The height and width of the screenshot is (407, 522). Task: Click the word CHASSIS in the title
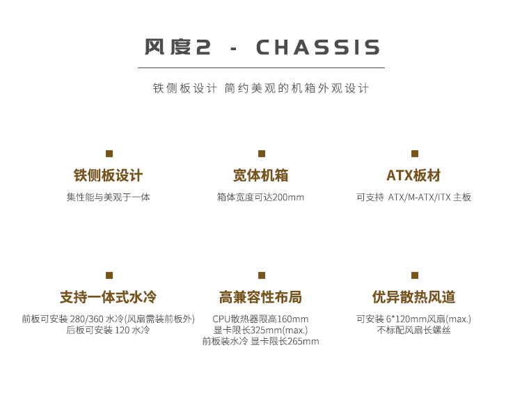point(318,47)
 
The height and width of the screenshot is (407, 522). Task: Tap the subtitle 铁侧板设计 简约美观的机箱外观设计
point(261,88)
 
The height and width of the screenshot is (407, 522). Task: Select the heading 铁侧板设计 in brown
point(108,175)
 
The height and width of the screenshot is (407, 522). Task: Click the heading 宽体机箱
point(260,175)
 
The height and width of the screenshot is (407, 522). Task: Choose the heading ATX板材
point(413,175)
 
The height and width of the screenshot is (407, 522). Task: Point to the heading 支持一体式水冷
point(108,297)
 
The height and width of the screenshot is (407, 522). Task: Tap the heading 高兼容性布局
point(260,297)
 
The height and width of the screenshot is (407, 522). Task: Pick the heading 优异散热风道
point(413,297)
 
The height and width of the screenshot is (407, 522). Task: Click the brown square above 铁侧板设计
point(109,154)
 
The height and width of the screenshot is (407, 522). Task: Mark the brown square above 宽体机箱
point(262,154)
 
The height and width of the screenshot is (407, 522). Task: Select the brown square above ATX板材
point(415,154)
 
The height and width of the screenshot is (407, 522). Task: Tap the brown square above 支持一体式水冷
point(109,276)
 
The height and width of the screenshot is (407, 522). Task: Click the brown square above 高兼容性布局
point(262,276)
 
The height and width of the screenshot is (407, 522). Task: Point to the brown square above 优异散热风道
point(415,276)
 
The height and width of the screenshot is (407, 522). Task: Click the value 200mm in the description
point(288,198)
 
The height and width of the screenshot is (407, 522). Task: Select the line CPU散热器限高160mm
point(260,319)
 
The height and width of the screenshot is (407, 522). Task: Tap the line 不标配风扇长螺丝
point(413,330)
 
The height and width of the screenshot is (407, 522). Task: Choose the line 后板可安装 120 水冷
point(108,330)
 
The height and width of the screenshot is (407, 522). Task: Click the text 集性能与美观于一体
point(108,198)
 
